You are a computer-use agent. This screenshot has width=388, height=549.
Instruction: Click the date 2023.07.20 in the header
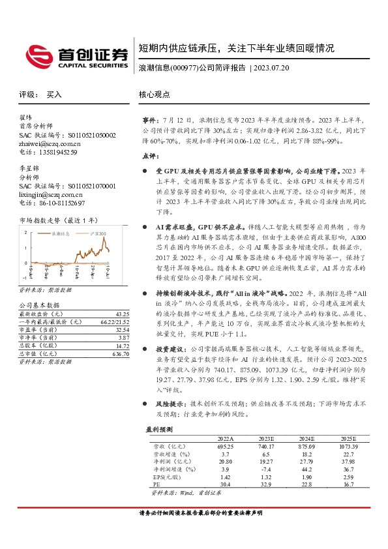(271, 68)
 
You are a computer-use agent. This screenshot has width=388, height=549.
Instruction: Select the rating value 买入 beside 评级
(54, 95)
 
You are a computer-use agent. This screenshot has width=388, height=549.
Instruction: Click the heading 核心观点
(154, 95)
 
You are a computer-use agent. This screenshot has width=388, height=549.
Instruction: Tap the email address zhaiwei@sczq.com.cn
(50, 143)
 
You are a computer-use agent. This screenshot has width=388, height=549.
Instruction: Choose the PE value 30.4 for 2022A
(223, 484)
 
